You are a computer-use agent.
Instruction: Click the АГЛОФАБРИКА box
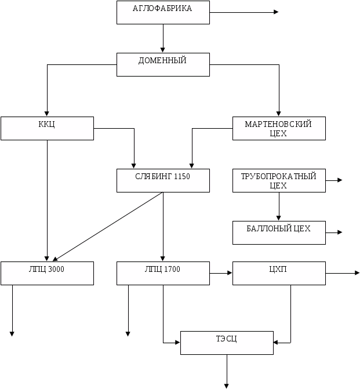pyautogui.click(x=162, y=12)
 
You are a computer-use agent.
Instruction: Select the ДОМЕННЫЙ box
pyautogui.click(x=162, y=64)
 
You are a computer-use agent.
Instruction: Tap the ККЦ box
pyautogui.click(x=47, y=128)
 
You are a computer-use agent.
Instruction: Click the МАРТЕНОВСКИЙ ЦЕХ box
pyautogui.click(x=278, y=128)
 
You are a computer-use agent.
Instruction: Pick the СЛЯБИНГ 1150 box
pyautogui.click(x=162, y=180)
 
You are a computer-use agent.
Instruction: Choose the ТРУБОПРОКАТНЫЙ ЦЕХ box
pyautogui.click(x=278, y=180)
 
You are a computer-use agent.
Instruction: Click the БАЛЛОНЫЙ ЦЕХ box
pyautogui.click(x=278, y=232)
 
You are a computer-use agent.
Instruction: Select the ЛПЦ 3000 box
pyautogui.click(x=47, y=273)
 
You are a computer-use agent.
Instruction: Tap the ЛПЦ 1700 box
pyautogui.click(x=162, y=273)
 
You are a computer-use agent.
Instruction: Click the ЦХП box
pyautogui.click(x=278, y=273)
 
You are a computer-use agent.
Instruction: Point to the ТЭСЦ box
pyautogui.click(x=226, y=343)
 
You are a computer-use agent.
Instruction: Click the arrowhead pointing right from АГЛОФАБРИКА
pyautogui.click(x=276, y=12)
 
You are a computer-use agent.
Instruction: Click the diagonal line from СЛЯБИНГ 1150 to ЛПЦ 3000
pyautogui.click(x=107, y=227)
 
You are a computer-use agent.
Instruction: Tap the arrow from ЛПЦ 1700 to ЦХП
pyautogui.click(x=220, y=272)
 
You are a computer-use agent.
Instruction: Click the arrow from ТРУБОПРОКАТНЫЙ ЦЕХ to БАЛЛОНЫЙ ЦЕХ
pyautogui.click(x=279, y=206)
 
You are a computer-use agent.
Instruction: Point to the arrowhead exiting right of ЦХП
pyautogui.click(x=357, y=272)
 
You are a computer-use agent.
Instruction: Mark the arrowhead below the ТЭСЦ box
pyautogui.click(x=227, y=385)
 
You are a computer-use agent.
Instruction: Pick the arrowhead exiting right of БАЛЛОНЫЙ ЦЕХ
pyautogui.click(x=339, y=232)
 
